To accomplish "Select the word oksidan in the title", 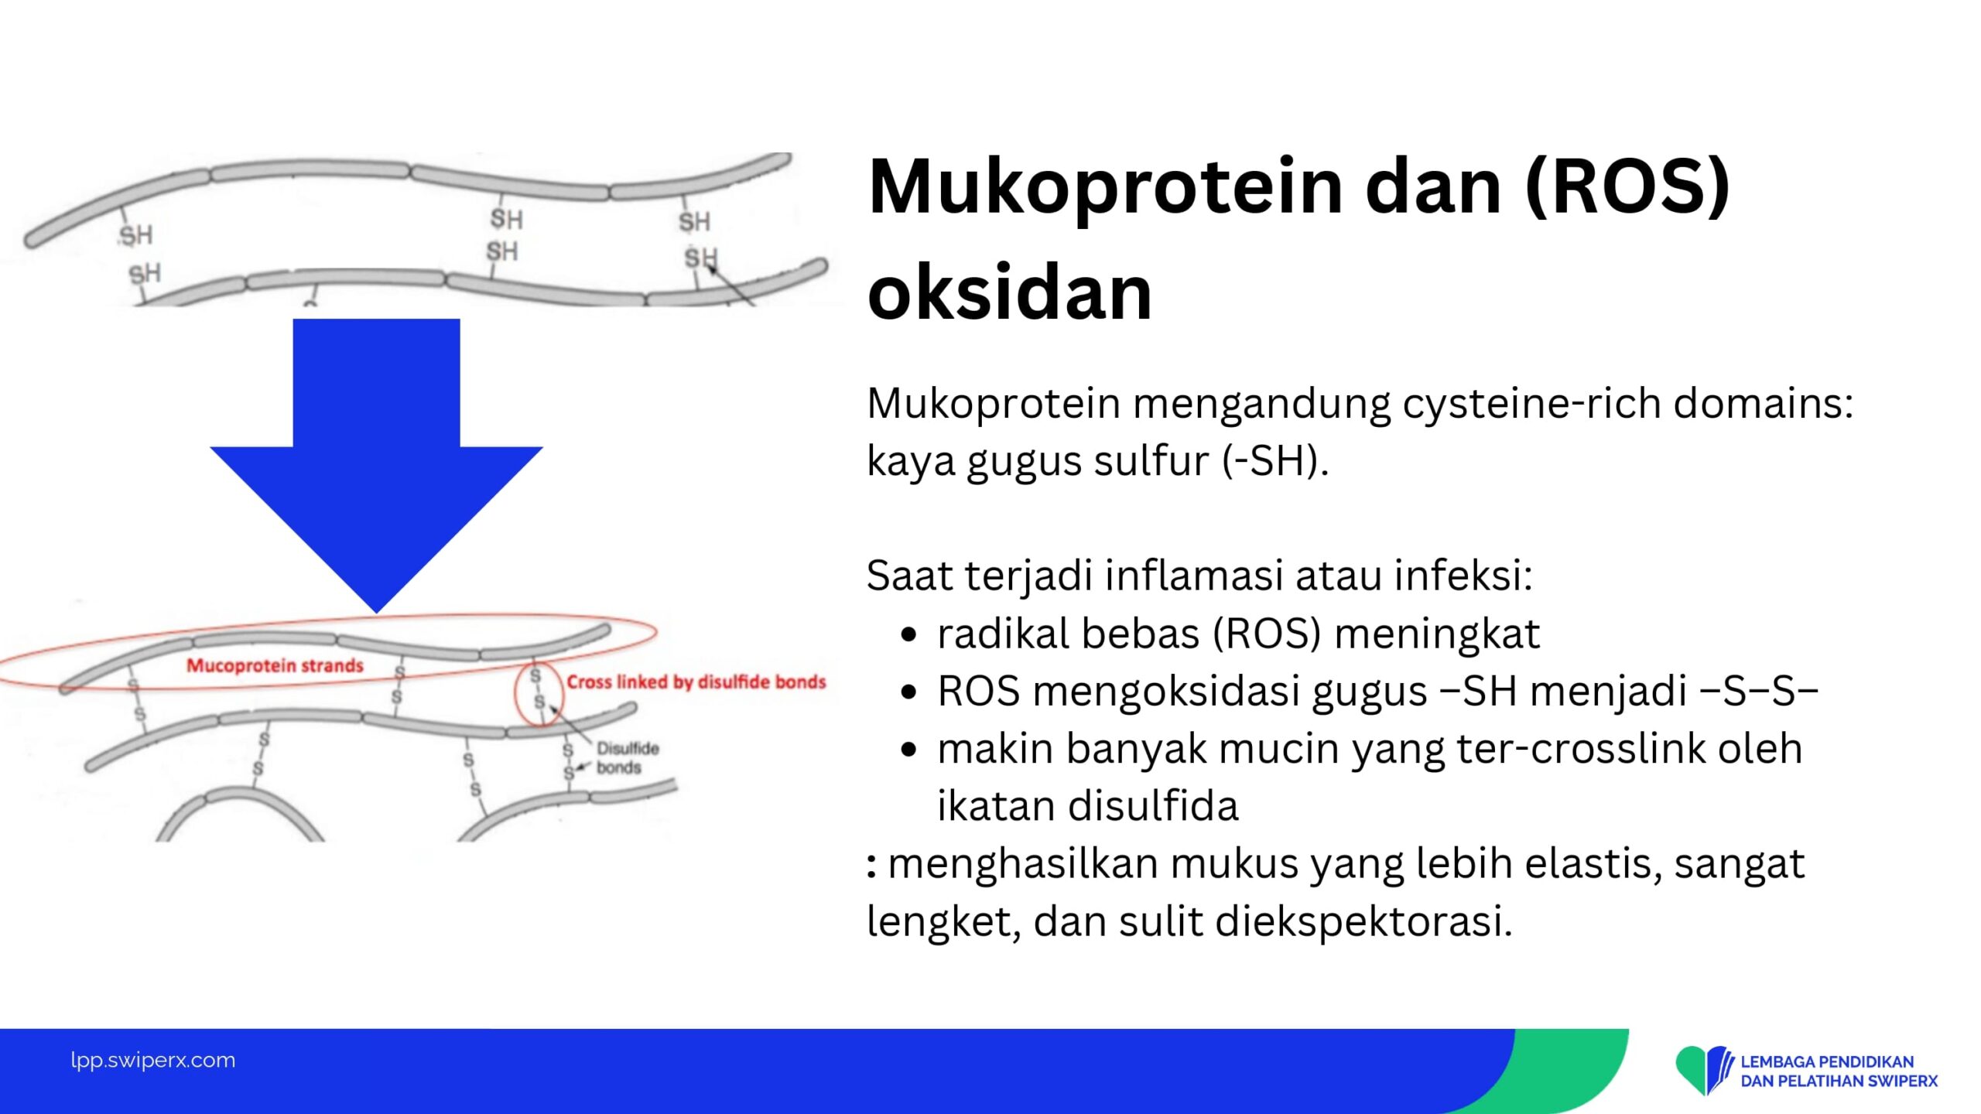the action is [1011, 292].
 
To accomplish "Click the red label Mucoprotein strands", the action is [275, 665].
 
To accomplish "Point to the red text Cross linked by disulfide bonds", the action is [696, 682].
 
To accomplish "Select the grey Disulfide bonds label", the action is [627, 757].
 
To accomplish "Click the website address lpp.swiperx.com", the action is [153, 1060].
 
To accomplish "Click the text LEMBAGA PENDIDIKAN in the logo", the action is [1827, 1061].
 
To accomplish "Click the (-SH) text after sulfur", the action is [1275, 461].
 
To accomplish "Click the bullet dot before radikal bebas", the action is [909, 635].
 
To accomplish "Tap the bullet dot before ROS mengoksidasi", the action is [909, 692].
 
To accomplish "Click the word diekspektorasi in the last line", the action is [1363, 922].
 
